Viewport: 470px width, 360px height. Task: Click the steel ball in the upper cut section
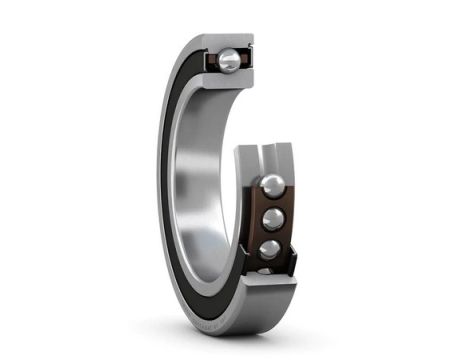point(230,62)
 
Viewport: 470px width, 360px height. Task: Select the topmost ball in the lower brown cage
point(271,187)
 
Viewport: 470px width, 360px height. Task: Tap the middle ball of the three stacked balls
point(271,219)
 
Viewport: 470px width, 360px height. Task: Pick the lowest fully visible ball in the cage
point(270,250)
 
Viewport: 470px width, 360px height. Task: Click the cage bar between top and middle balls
point(272,203)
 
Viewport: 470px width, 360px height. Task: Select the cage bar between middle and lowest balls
point(272,235)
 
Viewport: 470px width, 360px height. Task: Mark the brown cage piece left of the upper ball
point(213,63)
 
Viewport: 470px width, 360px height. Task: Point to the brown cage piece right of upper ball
point(246,62)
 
